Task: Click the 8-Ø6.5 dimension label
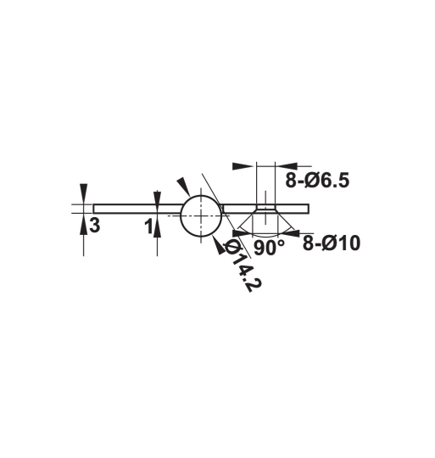tap(317, 179)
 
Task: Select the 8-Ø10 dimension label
tap(331, 243)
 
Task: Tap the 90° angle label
tap(269, 248)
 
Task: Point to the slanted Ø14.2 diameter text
tap(240, 266)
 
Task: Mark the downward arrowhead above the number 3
tap(83, 191)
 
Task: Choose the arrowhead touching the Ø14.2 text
tap(223, 244)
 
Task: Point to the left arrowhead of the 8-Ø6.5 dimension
tap(243, 165)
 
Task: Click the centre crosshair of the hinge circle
tap(201, 215)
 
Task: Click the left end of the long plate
tap(96, 208)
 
